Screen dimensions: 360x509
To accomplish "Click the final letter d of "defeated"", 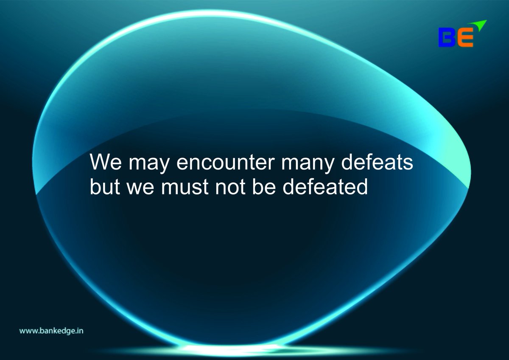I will pos(362,187).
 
